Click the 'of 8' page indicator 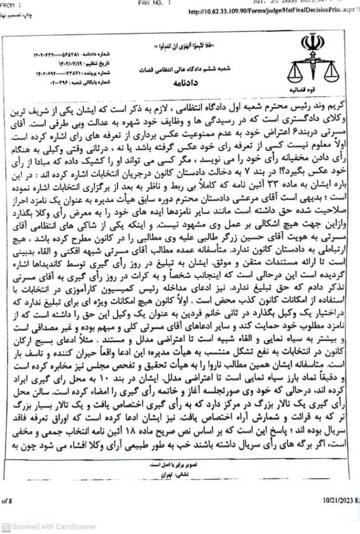7,500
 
